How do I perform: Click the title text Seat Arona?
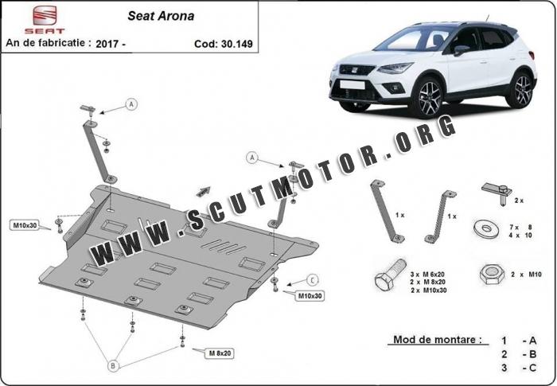point(161,16)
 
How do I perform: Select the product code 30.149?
point(237,44)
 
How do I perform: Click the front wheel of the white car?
point(429,97)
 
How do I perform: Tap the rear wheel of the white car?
point(522,90)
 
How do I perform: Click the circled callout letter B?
point(113,366)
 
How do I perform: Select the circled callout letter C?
point(312,280)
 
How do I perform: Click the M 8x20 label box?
point(220,353)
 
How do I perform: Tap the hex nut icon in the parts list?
point(492,275)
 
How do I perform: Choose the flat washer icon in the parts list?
point(486,228)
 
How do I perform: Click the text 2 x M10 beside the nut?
point(526,275)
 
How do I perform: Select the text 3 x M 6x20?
point(427,275)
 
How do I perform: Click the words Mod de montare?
point(438,339)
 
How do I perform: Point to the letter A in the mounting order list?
point(532,341)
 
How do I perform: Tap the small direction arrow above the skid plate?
point(203,191)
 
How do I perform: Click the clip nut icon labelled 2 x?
point(497,193)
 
